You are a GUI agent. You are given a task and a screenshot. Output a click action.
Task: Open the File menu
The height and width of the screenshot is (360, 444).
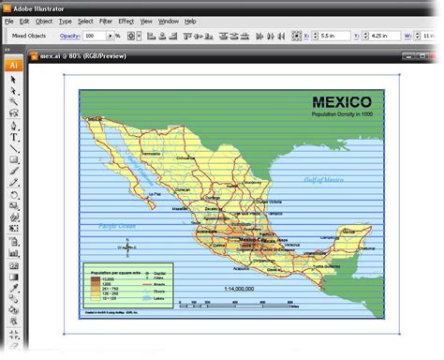pyautogui.click(x=8, y=20)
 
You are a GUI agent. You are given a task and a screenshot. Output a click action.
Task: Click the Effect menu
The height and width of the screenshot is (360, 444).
pyautogui.click(x=126, y=20)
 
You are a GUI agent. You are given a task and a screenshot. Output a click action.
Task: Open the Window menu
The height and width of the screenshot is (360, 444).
pyautogui.click(x=169, y=20)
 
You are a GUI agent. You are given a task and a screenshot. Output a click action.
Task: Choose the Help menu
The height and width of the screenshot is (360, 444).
pyautogui.click(x=191, y=20)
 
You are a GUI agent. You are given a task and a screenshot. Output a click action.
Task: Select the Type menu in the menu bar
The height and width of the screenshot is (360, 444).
pyautogui.click(x=65, y=20)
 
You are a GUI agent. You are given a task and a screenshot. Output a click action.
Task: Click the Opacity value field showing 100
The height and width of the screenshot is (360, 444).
pyautogui.click(x=95, y=35)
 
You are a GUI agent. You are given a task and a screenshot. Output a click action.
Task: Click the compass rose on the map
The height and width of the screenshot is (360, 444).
pyautogui.click(x=128, y=246)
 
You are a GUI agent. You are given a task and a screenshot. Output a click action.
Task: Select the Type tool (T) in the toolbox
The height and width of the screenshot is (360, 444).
pyautogui.click(x=14, y=137)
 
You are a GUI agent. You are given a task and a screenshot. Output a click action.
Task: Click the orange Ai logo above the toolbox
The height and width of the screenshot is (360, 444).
pyautogui.click(x=14, y=66)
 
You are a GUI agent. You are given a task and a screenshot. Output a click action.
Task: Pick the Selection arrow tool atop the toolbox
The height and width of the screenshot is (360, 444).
pyautogui.click(x=14, y=81)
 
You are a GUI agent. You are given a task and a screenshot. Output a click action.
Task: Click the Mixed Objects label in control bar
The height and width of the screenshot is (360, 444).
pyautogui.click(x=29, y=35)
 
